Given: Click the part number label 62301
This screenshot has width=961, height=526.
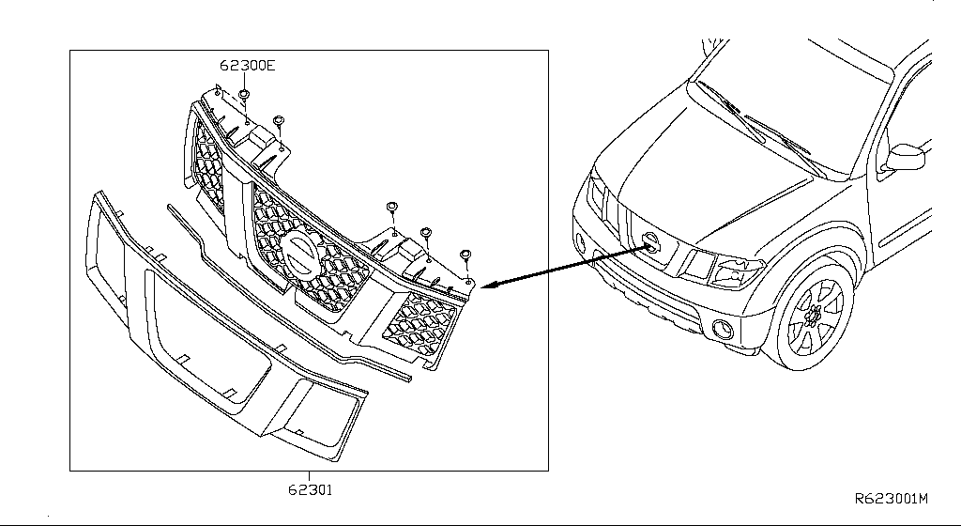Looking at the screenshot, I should tap(310, 489).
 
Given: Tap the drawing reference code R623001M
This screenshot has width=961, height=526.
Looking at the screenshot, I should tap(891, 499).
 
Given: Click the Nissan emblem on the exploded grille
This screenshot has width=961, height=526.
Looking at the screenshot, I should tap(303, 254).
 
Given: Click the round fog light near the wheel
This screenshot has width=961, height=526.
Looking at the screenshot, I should tap(724, 329).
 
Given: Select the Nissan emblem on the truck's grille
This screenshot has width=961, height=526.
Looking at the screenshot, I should tap(649, 243).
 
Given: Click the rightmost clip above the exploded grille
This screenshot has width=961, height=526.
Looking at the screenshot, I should tap(465, 254).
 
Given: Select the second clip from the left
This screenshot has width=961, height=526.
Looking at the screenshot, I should tap(278, 121).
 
